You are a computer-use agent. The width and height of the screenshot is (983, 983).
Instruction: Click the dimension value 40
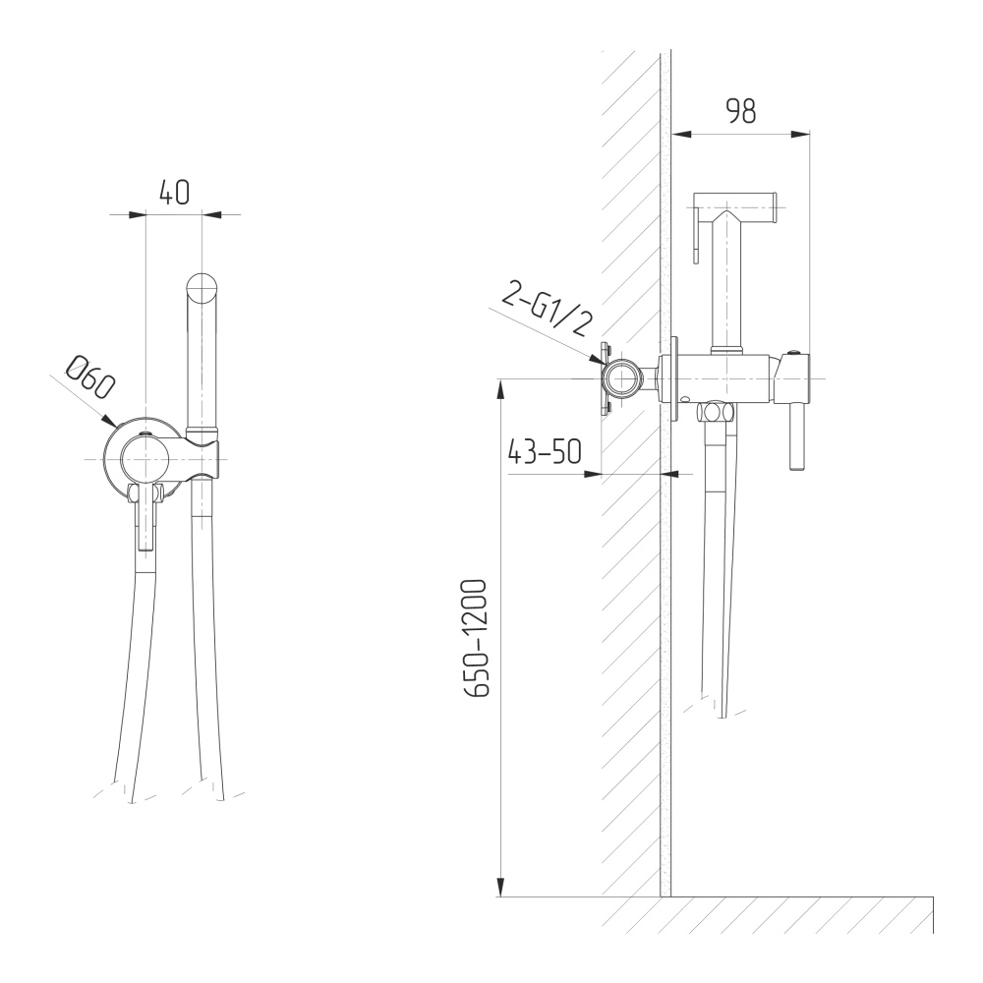coord(174,193)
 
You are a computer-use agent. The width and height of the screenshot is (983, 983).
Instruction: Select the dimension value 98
coord(741,111)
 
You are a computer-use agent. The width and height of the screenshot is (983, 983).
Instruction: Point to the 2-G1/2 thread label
coord(547,309)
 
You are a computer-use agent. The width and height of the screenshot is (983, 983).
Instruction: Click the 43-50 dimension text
coord(545,451)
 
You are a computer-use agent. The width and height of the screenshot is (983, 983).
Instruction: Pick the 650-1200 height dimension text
coord(475,638)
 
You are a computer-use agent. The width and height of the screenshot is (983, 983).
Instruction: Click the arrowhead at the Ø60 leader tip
coord(109,422)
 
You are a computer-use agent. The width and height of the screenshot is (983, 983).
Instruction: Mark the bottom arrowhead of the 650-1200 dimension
coord(500,887)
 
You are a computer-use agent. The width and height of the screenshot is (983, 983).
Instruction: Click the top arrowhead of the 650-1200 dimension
coord(500,389)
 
